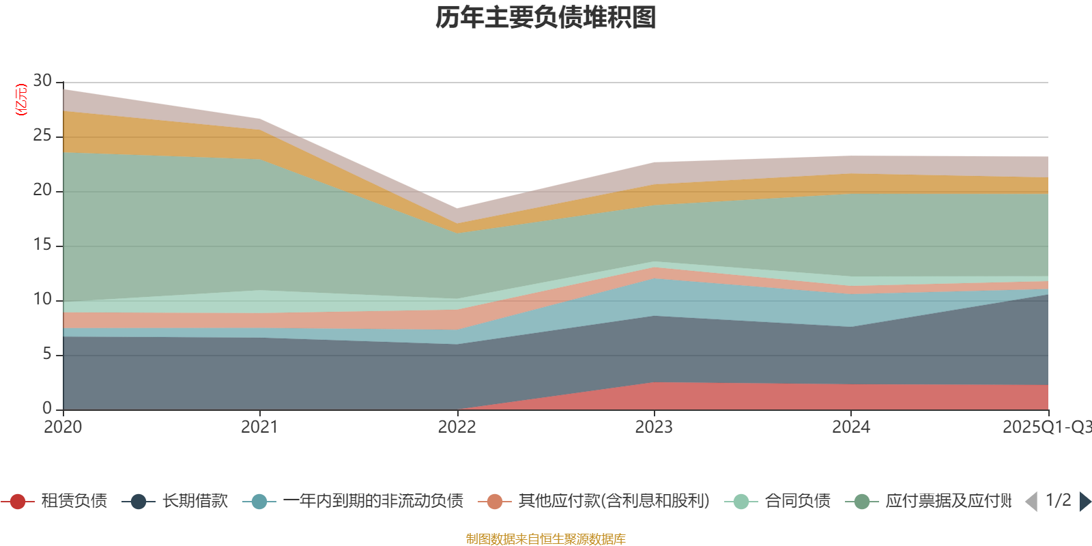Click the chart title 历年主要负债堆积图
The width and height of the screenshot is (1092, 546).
point(546,18)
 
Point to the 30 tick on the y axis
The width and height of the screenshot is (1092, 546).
point(42,81)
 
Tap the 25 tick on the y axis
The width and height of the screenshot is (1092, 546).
point(42,136)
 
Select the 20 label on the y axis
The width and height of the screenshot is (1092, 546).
point(42,190)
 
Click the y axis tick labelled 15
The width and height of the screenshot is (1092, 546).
point(42,245)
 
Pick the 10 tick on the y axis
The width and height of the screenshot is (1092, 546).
point(42,300)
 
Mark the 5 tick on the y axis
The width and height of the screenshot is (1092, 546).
point(46,354)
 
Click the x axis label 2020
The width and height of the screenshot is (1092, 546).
point(63,427)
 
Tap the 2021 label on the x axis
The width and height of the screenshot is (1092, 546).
point(259,427)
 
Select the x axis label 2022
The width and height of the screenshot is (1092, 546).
point(457,427)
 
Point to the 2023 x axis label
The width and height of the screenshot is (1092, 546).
point(654,427)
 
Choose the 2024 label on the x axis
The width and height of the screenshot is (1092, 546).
point(850,427)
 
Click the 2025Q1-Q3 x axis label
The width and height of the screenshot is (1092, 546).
point(1046,427)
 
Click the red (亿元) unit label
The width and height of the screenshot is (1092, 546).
point(21,100)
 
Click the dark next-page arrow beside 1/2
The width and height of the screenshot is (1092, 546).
point(1084,502)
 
